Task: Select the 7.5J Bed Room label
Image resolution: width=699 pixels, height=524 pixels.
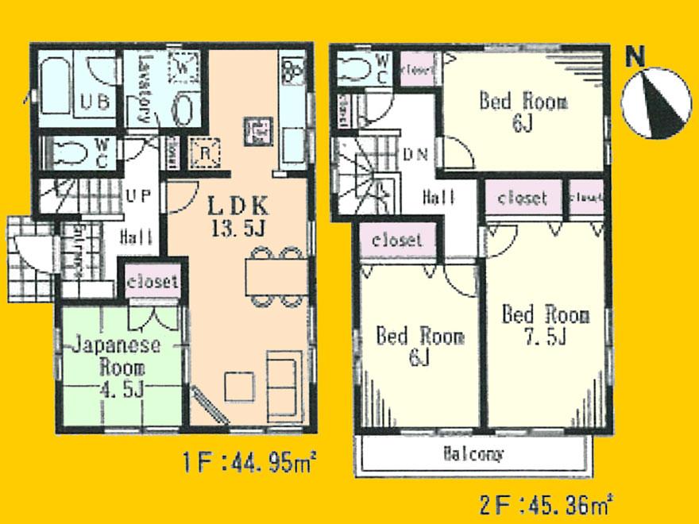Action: click(545, 325)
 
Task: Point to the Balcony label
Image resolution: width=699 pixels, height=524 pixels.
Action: click(473, 455)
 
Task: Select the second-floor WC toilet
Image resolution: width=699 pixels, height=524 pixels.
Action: click(353, 70)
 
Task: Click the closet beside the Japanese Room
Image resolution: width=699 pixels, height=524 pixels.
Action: click(153, 281)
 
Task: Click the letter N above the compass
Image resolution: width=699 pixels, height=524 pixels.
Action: click(635, 56)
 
